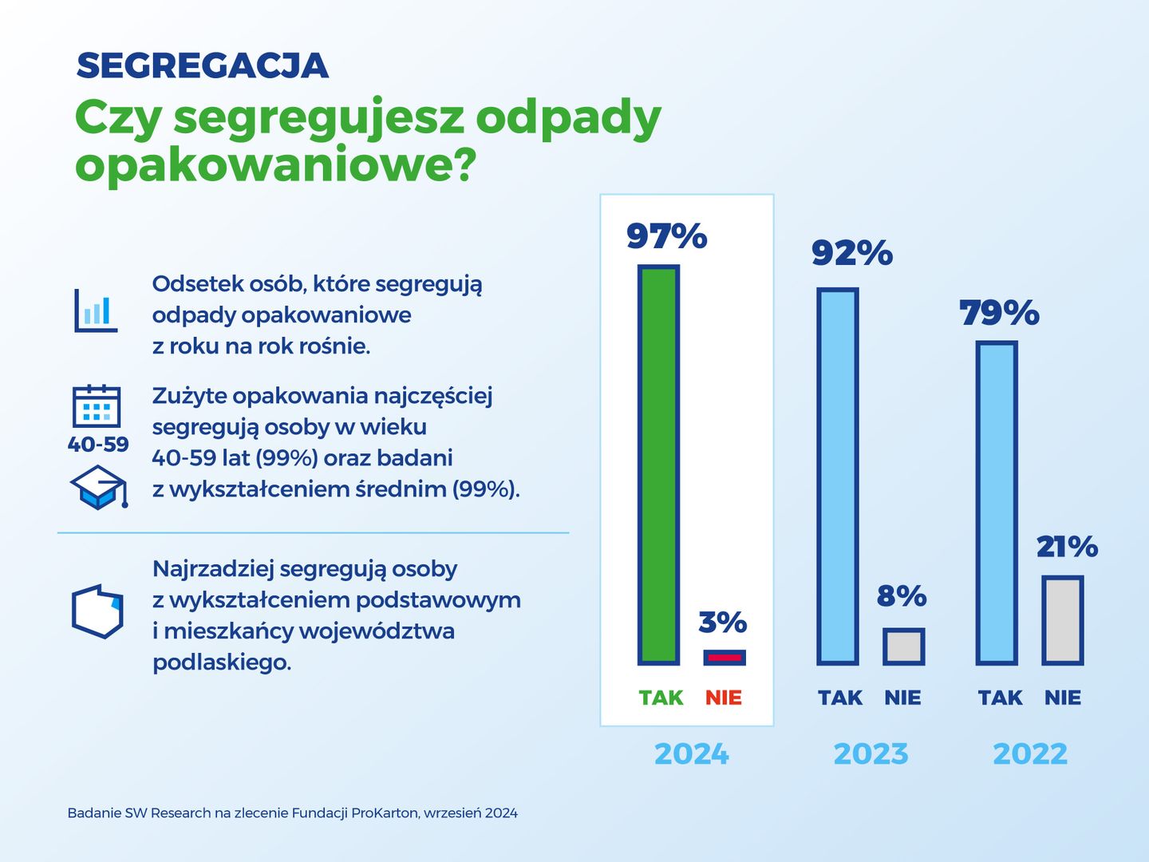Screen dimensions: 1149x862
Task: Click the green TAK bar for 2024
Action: point(658,465)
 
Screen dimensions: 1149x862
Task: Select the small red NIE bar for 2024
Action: point(725,658)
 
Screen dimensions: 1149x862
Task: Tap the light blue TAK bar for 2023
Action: point(838,476)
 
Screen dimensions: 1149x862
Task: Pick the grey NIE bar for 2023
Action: point(903,646)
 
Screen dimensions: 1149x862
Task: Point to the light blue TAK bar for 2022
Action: point(997,503)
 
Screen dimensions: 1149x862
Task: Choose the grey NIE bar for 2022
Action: point(1063,620)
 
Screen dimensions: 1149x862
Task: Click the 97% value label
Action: point(667,235)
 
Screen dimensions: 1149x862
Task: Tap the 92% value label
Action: point(852,253)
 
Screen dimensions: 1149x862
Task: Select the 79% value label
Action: point(999,313)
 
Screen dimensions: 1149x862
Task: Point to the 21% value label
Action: point(1067,547)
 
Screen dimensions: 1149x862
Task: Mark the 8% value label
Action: point(902,596)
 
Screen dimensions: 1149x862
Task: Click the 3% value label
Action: point(722,622)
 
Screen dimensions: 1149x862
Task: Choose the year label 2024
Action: point(692,753)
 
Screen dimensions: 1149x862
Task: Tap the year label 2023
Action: point(871,753)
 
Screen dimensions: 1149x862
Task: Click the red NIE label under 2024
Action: point(724,698)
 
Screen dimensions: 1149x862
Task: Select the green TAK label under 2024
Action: point(661,698)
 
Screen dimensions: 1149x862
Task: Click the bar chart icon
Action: point(96,310)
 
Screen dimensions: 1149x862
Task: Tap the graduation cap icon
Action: point(99,487)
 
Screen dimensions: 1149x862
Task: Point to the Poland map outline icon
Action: point(97,611)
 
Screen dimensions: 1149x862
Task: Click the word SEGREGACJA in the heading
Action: point(203,66)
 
